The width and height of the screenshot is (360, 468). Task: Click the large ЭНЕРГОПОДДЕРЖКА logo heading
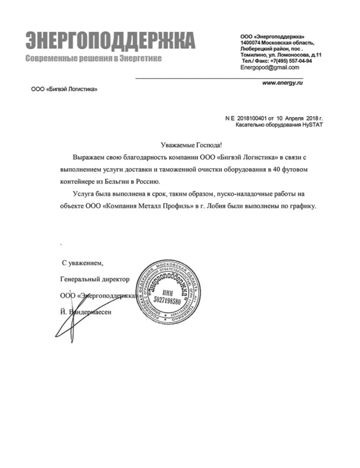(110, 40)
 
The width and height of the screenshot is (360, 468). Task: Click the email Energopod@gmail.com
(269, 68)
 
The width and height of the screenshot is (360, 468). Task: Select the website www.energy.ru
(283, 83)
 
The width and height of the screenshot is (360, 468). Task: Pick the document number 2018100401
(252, 119)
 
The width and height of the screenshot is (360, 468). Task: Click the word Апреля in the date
(294, 119)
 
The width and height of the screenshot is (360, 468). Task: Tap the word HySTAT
(312, 124)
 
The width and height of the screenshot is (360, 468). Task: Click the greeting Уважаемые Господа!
(191, 145)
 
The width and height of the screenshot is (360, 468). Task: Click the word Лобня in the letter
(219, 206)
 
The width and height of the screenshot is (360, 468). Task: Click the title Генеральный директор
(95, 279)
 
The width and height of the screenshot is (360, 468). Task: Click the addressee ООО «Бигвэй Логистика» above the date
(65, 89)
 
